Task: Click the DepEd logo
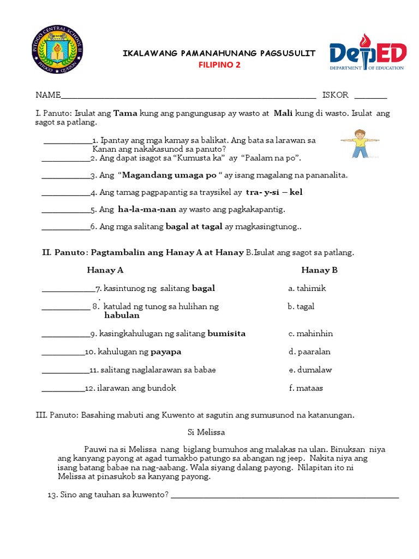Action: [x=367, y=56]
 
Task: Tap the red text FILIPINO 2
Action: [x=219, y=65]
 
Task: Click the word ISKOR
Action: [x=335, y=95]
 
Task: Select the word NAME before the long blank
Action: [x=48, y=95]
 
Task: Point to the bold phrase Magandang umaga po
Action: [x=169, y=175]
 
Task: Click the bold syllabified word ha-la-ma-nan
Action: [x=147, y=209]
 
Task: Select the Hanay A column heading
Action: [x=105, y=270]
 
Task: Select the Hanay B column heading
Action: [x=319, y=270]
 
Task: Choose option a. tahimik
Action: [x=307, y=288]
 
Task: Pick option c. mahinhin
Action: [x=310, y=334]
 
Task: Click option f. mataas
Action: [x=306, y=389]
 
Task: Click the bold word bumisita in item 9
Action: [x=226, y=334]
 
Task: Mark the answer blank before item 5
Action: [x=65, y=211]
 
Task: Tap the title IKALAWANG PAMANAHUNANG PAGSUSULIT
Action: [x=219, y=53]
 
